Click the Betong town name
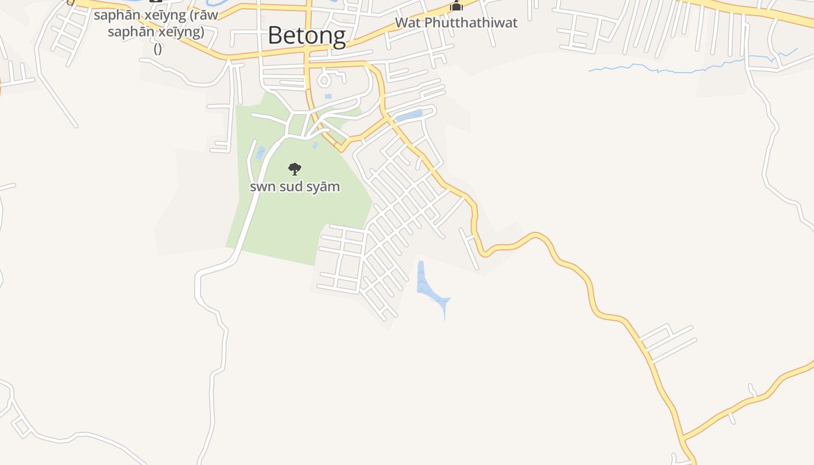pyautogui.click(x=306, y=36)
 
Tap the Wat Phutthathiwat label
pyautogui.click(x=456, y=23)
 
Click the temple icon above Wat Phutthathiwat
pyautogui.click(x=457, y=6)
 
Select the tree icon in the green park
pyautogui.click(x=295, y=169)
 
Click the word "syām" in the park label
pyautogui.click(x=326, y=187)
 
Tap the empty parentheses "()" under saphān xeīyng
pyautogui.click(x=158, y=49)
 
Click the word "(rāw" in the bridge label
pyautogui.click(x=201, y=15)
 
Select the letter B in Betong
pyautogui.click(x=276, y=36)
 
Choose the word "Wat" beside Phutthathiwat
pyautogui.click(x=408, y=23)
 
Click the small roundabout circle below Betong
pyautogui.click(x=324, y=80)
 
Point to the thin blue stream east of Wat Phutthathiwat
pyautogui.click(x=669, y=69)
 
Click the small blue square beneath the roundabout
pyautogui.click(x=328, y=96)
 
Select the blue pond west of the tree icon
pyautogui.click(x=260, y=153)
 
